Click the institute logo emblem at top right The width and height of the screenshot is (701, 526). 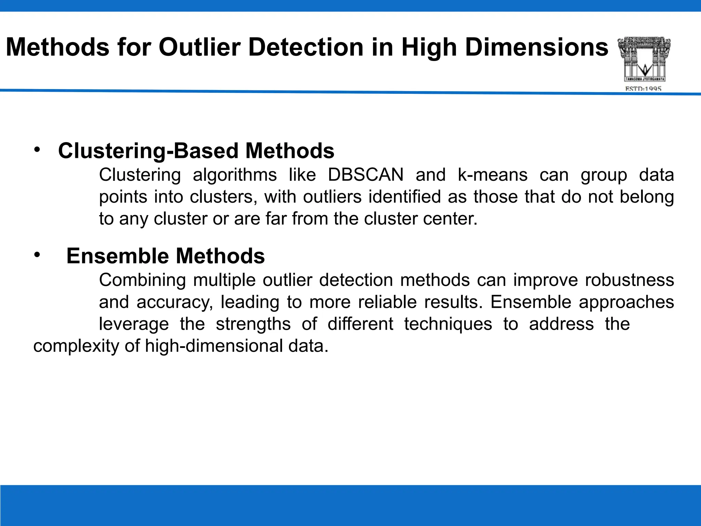[x=644, y=59]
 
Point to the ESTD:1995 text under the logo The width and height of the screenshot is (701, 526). [x=643, y=89]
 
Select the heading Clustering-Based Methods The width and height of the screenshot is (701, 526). [x=196, y=151]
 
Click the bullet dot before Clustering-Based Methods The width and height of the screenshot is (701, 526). [x=37, y=150]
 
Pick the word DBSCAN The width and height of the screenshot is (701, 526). [x=366, y=175]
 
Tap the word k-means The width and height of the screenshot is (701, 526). [x=492, y=175]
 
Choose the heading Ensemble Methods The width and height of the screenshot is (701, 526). [x=165, y=256]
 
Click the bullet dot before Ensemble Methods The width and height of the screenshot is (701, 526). [x=37, y=255]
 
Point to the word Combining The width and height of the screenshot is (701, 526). [x=142, y=280]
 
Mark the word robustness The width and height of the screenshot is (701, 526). [x=629, y=280]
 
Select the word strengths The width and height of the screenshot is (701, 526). [x=253, y=324]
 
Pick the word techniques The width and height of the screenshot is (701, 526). [x=448, y=324]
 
